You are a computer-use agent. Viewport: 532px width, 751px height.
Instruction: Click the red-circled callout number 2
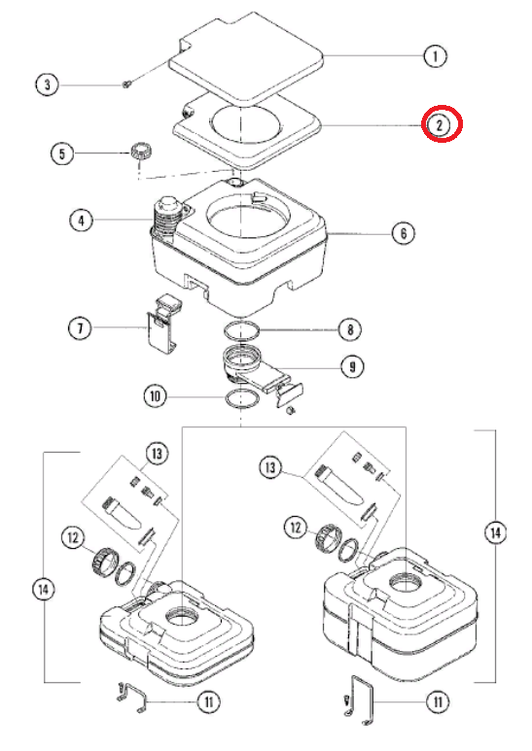point(440,124)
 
